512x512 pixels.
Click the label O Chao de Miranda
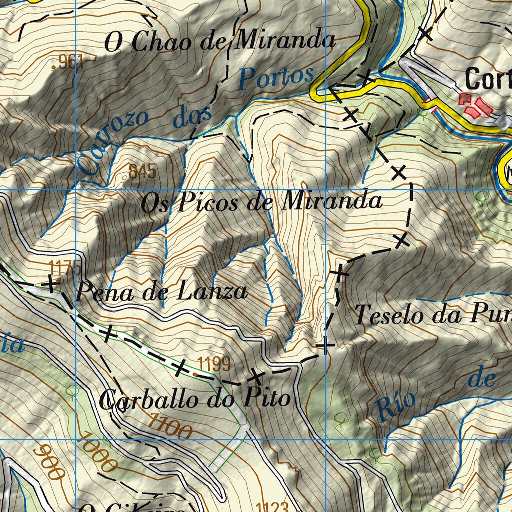[220, 42]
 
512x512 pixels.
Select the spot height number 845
[143, 171]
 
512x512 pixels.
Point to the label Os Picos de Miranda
[262, 202]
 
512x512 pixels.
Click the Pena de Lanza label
[161, 291]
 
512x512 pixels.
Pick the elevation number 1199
[214, 363]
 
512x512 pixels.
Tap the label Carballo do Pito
[195, 399]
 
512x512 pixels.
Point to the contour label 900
[49, 462]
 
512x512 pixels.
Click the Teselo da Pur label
[433, 315]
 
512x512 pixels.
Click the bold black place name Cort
[488, 79]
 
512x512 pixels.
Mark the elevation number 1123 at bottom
[273, 506]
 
